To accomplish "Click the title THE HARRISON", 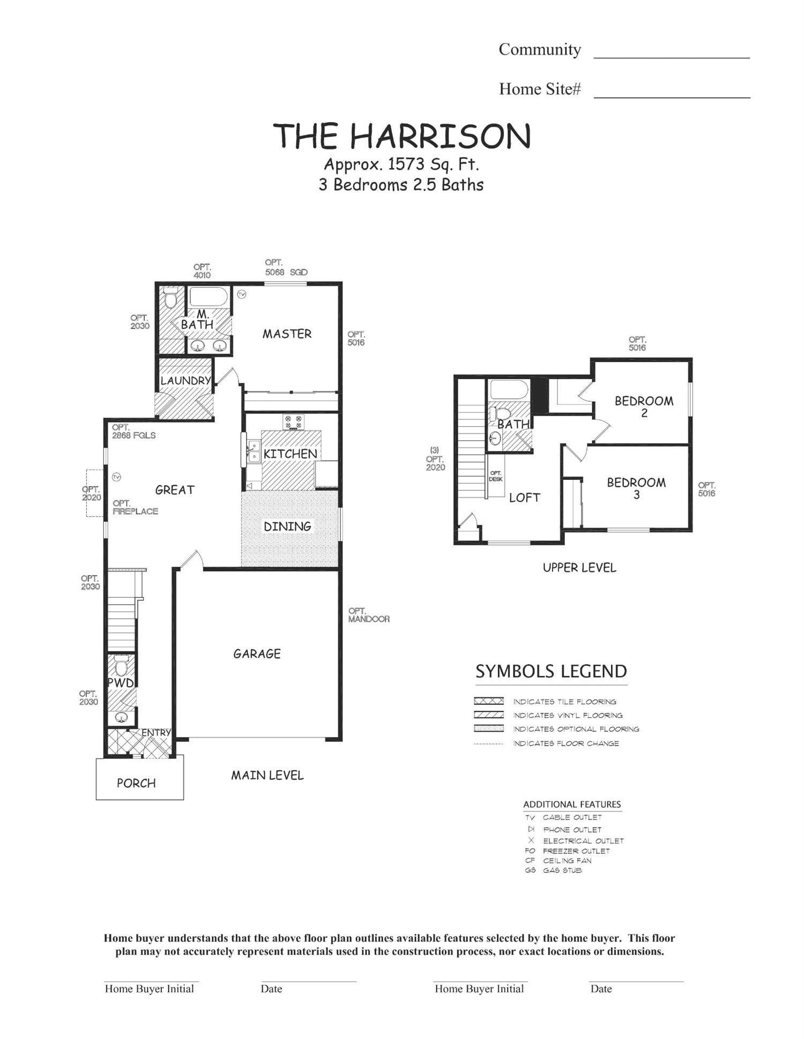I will coord(402,136).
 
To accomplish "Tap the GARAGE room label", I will coord(257,653).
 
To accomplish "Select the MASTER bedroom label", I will coord(287,334).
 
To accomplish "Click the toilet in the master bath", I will coord(170,298).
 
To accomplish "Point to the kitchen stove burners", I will coord(293,421).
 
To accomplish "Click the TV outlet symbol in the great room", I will coord(116,477).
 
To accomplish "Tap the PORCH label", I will coord(136,783).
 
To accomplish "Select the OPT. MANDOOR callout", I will coord(368,615).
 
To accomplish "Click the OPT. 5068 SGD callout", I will coord(286,267).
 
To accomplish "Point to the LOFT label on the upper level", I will coord(524,498).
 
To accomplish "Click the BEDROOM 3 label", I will coord(636,488).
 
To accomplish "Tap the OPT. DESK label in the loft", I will coord(495,476).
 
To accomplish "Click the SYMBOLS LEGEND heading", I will coord(551,672).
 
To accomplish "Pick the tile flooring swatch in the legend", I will coord(488,701).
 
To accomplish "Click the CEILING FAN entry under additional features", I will coord(567,860).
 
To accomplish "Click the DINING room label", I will coord(287,526).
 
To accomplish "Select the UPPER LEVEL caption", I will coord(579,568).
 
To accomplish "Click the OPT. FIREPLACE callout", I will coord(135,507).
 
